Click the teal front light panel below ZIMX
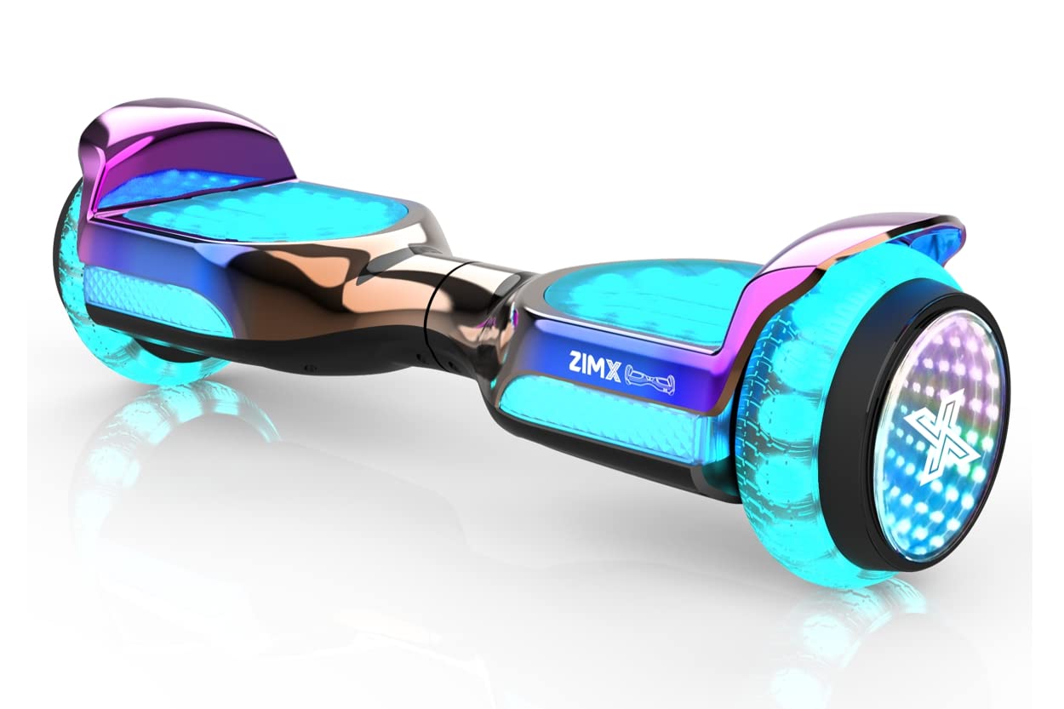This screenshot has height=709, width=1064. coord(613,426)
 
